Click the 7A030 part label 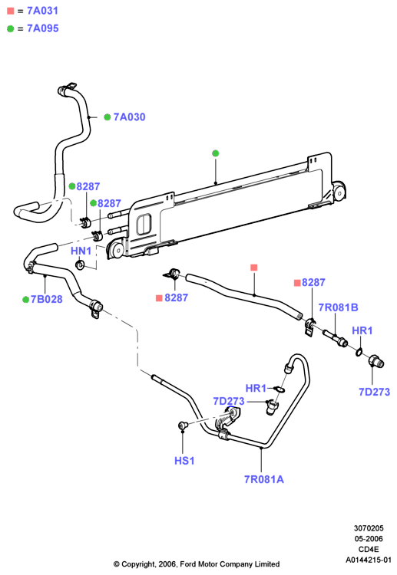pyautogui.click(x=129, y=117)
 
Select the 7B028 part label pyautogui.click(x=47, y=299)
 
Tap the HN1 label pyautogui.click(x=81, y=251)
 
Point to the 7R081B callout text pyautogui.click(x=338, y=307)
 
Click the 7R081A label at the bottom pyautogui.click(x=264, y=479)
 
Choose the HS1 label pyautogui.click(x=184, y=461)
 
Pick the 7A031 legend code pyautogui.click(x=42, y=11)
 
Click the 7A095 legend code pyautogui.click(x=42, y=28)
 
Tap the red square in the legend pyautogui.click(x=11, y=11)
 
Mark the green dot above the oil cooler pyautogui.click(x=216, y=153)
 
